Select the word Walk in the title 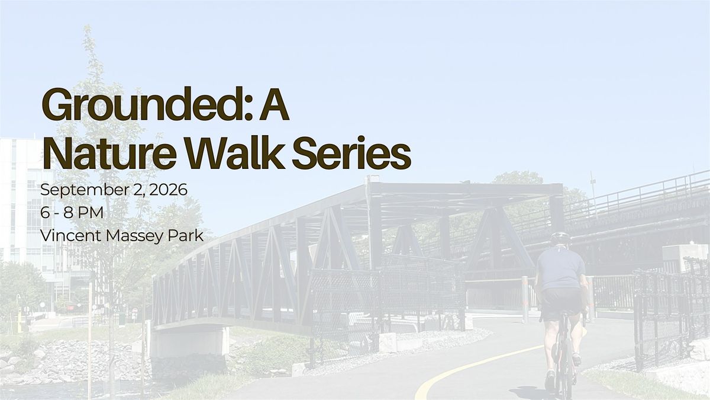(234, 153)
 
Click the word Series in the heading (351, 153)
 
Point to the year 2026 (168, 190)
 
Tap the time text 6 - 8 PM (72, 213)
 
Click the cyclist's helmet (560, 237)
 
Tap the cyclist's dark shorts (560, 303)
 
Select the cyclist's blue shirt (560, 268)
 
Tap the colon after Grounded (250, 108)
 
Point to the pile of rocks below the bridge (73, 359)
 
